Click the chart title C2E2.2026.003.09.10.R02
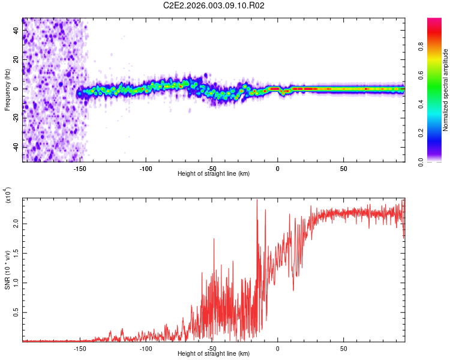coord(214,6)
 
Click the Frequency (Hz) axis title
coord(7,90)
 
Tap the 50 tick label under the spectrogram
coord(343,169)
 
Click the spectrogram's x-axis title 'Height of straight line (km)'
coord(214,174)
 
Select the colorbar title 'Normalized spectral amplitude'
coord(446,90)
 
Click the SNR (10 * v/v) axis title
coord(7,269)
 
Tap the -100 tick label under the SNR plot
coord(145,349)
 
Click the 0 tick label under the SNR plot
coord(277,349)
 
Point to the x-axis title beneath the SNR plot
coord(214,354)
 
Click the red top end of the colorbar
coord(434,21)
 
